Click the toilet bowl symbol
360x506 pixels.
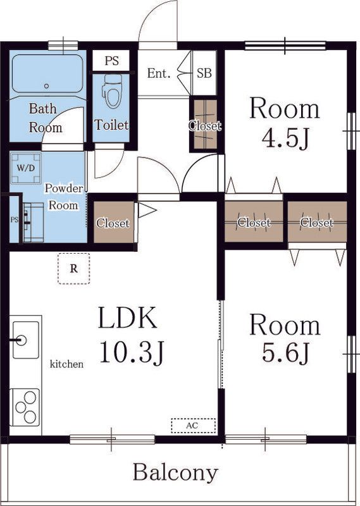click(x=112, y=91)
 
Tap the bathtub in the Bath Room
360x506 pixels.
click(x=47, y=74)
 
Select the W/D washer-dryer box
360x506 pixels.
click(x=26, y=168)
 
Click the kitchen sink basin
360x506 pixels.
click(x=26, y=340)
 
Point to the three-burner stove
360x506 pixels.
click(x=25, y=407)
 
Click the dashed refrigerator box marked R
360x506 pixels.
click(x=74, y=268)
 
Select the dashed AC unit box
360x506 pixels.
click(x=193, y=426)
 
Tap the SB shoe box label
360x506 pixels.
click(x=204, y=73)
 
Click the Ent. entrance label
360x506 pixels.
click(x=159, y=73)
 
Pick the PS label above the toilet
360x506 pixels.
click(x=111, y=61)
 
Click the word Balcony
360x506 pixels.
click(x=175, y=473)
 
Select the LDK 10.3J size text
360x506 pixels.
click(x=132, y=335)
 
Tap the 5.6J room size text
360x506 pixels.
click(x=285, y=353)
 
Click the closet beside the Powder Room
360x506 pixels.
click(x=114, y=223)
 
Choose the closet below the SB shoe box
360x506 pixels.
click(x=205, y=125)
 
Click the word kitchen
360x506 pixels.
click(x=66, y=364)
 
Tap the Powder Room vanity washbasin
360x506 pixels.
click(x=33, y=222)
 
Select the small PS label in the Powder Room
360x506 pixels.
click(x=14, y=219)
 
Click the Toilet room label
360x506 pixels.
click(x=111, y=125)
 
